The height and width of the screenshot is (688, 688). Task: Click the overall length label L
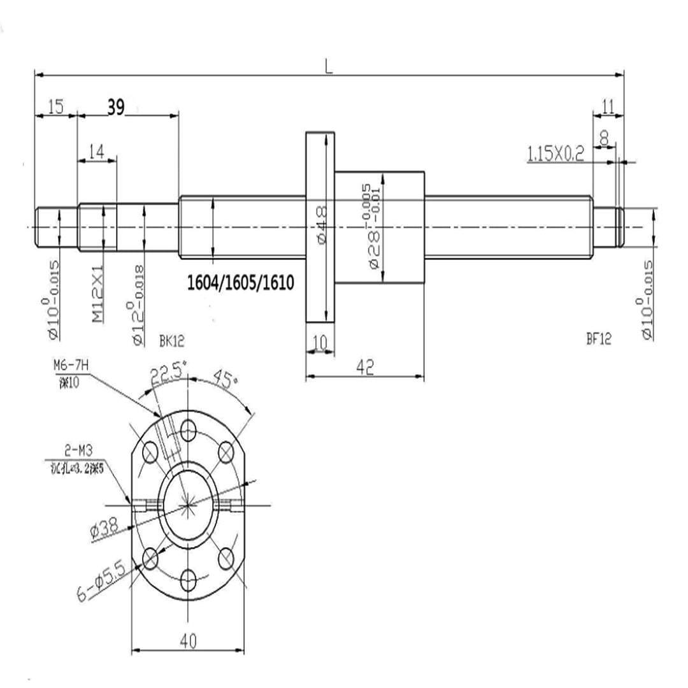329,67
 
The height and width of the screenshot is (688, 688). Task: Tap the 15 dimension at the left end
55,107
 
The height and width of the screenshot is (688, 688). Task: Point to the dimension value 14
97,151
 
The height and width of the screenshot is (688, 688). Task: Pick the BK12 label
171,341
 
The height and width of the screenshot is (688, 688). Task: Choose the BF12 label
598,340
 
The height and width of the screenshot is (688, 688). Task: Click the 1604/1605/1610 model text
241,281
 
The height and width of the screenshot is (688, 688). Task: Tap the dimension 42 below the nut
365,366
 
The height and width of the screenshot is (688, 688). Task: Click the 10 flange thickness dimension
320,343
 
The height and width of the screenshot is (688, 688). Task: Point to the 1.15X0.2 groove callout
555,154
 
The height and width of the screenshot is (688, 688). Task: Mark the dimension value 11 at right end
608,107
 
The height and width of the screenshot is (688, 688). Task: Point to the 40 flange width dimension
187,642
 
